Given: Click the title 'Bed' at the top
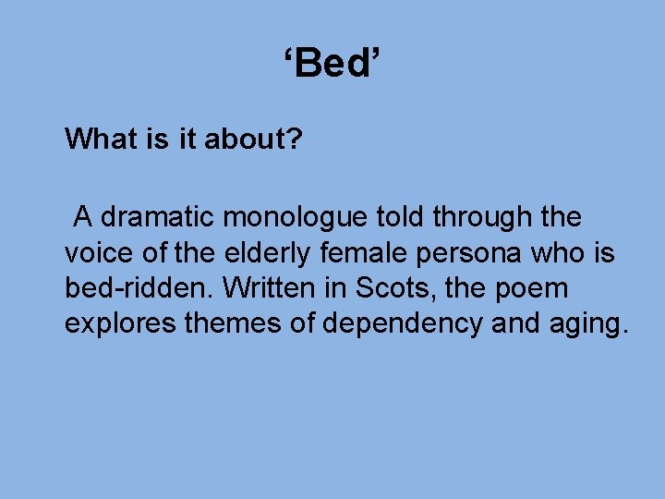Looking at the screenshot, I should pos(332,65).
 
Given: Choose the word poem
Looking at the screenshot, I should pos(530,289).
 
